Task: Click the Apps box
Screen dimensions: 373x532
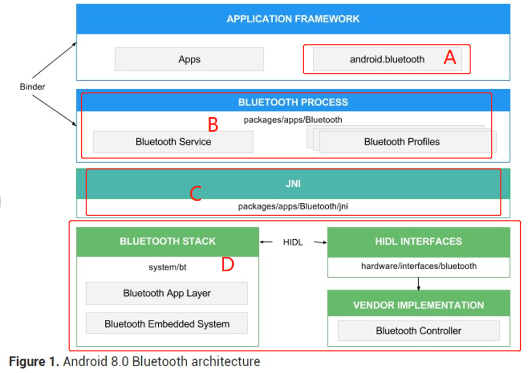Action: pyautogui.click(x=189, y=59)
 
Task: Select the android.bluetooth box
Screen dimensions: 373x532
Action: pyautogui.click(x=387, y=59)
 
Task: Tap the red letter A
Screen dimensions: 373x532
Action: pyautogui.click(x=450, y=58)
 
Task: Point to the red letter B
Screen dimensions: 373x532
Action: pyautogui.click(x=213, y=125)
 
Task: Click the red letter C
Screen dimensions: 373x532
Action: pyautogui.click(x=196, y=194)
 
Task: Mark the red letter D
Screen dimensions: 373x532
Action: pyautogui.click(x=227, y=264)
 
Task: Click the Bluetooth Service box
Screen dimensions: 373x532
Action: pyautogui.click(x=173, y=142)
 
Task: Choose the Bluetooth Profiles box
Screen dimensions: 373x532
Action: pyautogui.click(x=402, y=142)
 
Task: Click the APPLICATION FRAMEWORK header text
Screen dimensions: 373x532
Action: pyautogui.click(x=293, y=19)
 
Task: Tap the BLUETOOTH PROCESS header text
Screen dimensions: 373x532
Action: pyautogui.click(x=293, y=102)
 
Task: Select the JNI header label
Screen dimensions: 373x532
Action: pyautogui.click(x=293, y=184)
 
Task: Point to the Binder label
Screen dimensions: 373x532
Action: pyautogui.click(x=32, y=87)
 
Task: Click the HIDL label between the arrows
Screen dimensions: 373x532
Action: pyautogui.click(x=293, y=242)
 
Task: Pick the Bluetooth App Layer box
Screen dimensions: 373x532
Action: pyautogui.click(x=167, y=293)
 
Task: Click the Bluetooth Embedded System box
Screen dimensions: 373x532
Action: pyautogui.click(x=167, y=324)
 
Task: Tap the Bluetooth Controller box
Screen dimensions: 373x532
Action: pyautogui.click(x=418, y=331)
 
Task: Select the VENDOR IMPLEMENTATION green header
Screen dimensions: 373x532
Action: pyautogui.click(x=418, y=305)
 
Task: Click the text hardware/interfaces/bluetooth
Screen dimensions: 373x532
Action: pyautogui.click(x=418, y=266)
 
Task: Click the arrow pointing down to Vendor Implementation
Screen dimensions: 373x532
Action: pyautogui.click(x=418, y=284)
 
